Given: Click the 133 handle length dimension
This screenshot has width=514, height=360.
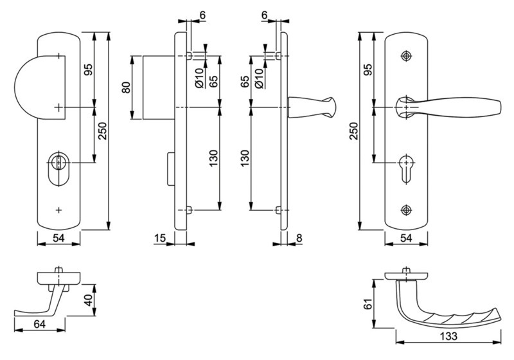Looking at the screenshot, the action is (448, 336).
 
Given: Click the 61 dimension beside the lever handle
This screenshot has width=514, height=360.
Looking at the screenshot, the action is (368, 303).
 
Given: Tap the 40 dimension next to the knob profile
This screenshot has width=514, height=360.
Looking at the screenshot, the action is (89, 300).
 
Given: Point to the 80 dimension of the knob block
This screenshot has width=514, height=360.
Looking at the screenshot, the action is (126, 87).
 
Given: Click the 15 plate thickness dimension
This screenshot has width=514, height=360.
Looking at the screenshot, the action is (160, 238).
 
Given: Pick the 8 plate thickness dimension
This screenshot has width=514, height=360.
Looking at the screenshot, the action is (299, 238).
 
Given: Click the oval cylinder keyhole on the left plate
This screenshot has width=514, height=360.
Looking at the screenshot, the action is (58, 168).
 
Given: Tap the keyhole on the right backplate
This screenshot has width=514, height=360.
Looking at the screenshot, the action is (407, 168).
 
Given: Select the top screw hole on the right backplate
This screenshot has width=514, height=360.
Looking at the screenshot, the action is (407, 56).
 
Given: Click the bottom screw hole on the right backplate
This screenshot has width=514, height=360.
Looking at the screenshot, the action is (407, 210).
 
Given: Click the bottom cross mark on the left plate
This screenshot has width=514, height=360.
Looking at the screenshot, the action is (58, 210).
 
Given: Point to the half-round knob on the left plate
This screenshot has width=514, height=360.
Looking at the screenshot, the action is (40, 87).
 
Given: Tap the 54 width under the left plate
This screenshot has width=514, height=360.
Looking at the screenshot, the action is (58, 238).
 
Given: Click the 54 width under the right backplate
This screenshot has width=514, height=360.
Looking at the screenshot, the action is (406, 238).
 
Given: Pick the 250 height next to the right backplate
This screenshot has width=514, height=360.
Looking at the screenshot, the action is (353, 131).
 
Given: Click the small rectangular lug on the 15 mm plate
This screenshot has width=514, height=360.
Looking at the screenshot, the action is (171, 169).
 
